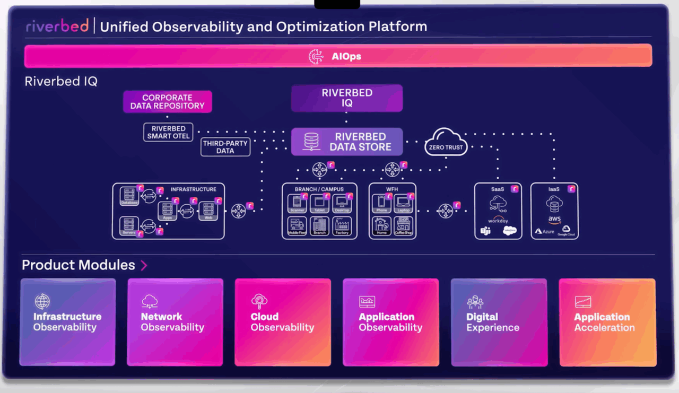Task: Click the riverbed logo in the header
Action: click(57, 26)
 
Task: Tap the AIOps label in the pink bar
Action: click(346, 56)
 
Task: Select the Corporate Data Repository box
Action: click(167, 101)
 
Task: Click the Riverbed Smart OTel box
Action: click(168, 132)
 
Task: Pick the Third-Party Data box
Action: click(225, 147)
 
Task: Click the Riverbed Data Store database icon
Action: click(311, 142)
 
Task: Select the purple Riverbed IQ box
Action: click(347, 98)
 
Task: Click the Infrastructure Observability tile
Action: click(67, 322)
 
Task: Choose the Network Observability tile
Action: click(175, 322)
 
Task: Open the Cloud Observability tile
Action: click(283, 322)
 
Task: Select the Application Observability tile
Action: click(391, 322)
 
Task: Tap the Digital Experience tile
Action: click(499, 322)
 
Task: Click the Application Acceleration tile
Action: click(607, 322)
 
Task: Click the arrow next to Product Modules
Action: click(144, 265)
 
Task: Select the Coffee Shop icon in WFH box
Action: click(403, 225)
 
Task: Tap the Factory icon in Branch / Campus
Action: click(342, 225)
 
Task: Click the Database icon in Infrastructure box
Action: click(129, 195)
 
